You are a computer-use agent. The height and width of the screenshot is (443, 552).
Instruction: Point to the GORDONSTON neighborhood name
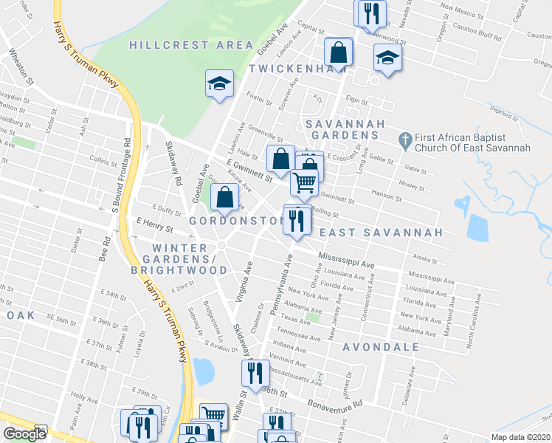pos(236,221)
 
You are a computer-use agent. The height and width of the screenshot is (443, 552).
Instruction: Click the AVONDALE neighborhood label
pos(381,346)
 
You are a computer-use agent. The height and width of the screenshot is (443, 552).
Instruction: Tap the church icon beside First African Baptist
pos(404,138)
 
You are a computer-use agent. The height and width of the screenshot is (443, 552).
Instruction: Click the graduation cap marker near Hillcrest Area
pos(219,84)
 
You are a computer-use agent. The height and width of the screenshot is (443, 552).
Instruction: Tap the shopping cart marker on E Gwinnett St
pos(304,181)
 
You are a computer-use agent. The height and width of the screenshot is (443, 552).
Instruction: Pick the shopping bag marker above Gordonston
pos(224,197)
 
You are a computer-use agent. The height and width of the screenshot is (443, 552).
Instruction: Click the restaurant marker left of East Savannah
pos(297,220)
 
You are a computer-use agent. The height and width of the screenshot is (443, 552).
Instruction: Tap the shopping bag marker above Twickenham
pos(338,53)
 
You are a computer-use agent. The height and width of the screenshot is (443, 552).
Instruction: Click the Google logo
pos(24,433)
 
